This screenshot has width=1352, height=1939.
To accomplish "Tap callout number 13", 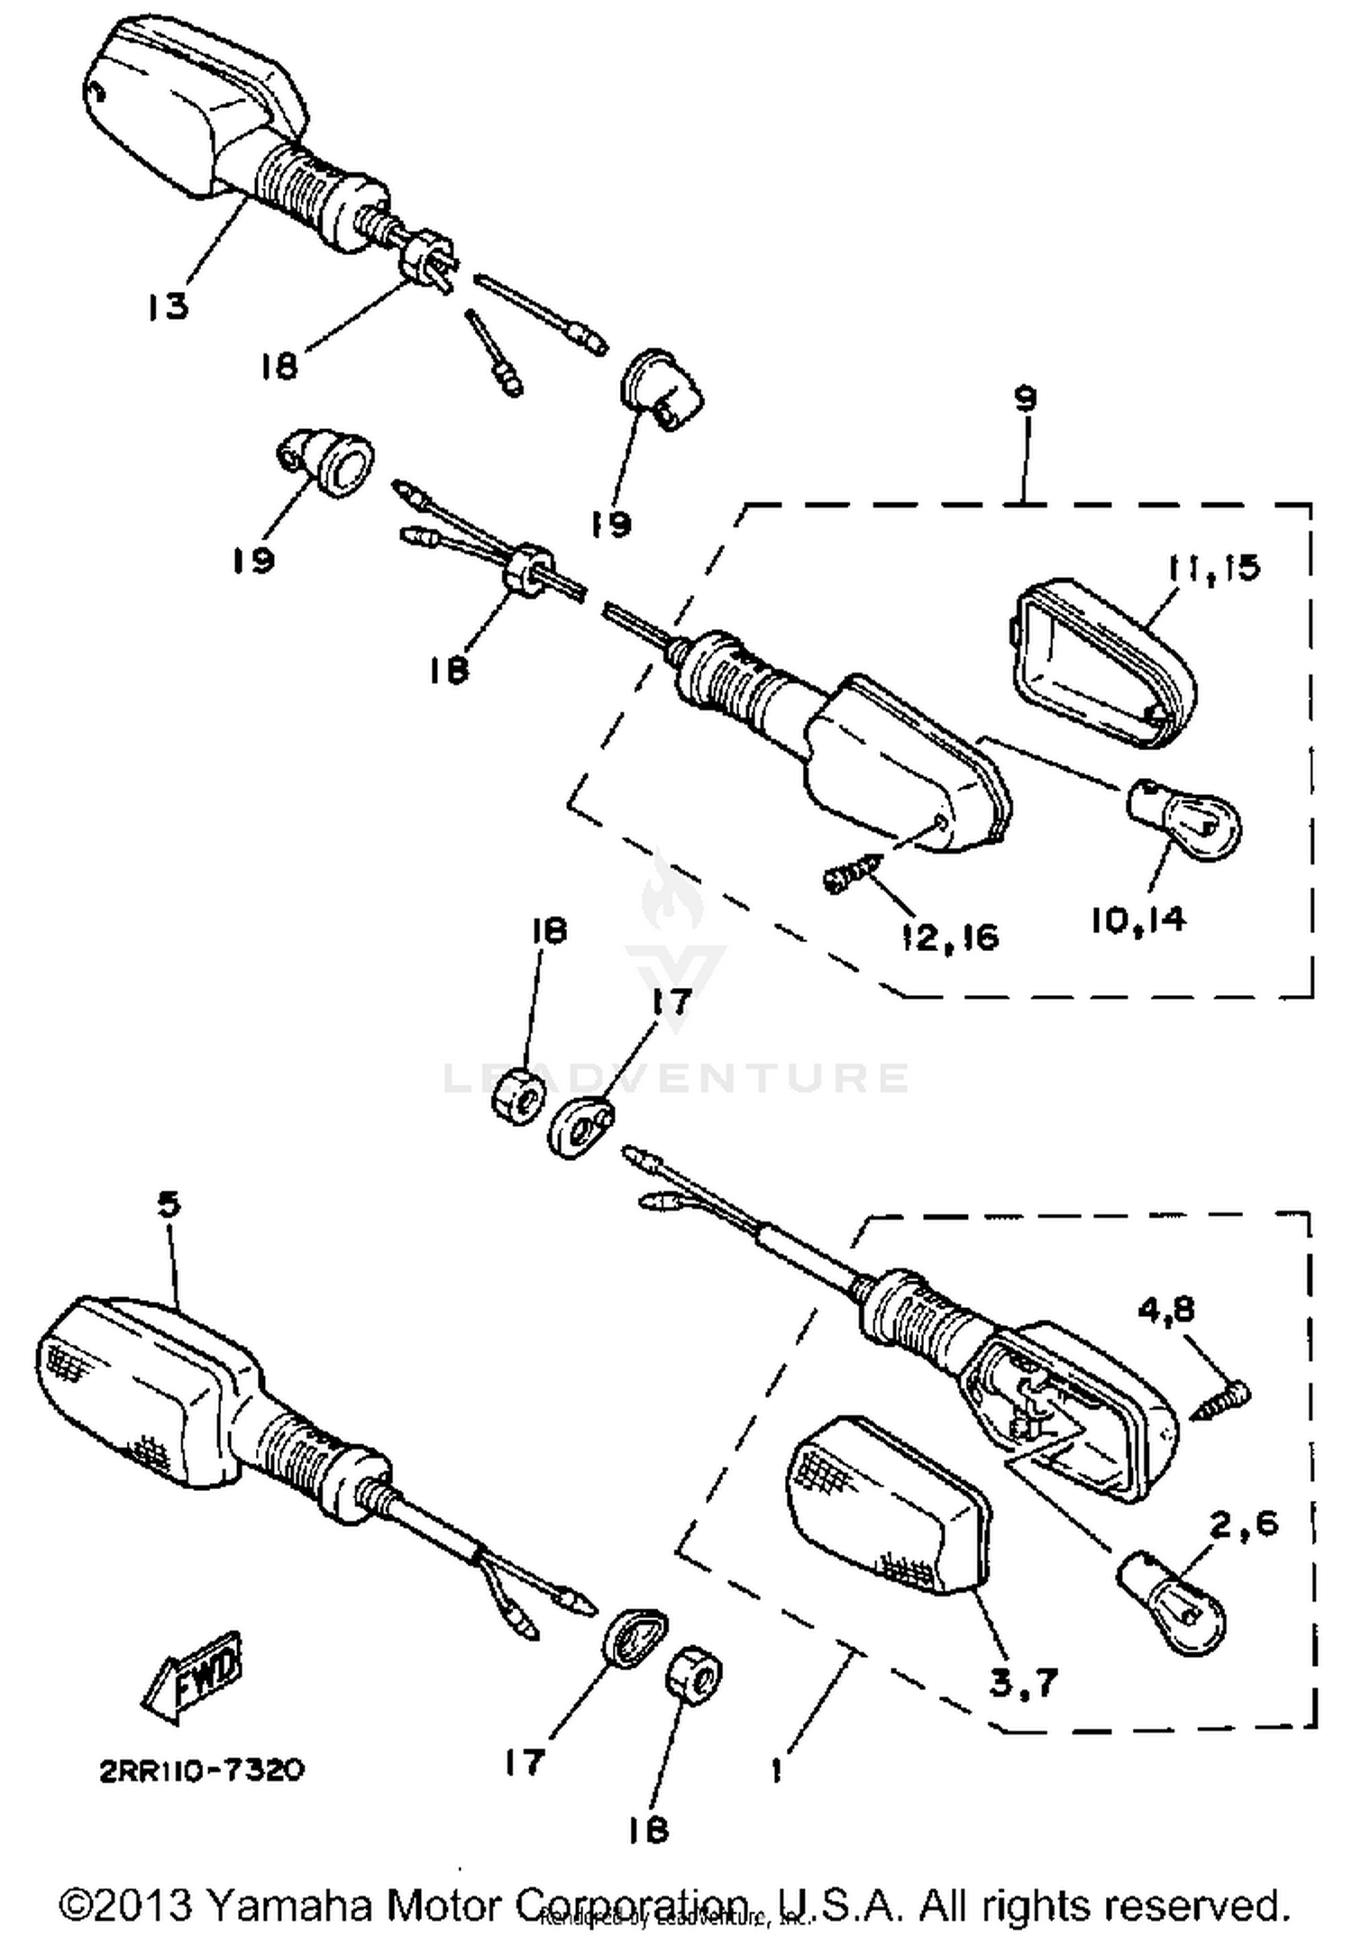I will [x=169, y=306].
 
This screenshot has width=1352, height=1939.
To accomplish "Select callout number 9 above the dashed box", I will [x=1026, y=398].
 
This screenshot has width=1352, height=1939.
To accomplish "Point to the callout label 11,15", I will [x=1213, y=569].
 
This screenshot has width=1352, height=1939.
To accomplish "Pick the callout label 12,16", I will [x=950, y=937].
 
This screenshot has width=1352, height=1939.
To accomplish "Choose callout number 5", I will [x=169, y=1204].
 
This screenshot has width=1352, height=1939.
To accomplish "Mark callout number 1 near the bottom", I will [x=777, y=1770].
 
